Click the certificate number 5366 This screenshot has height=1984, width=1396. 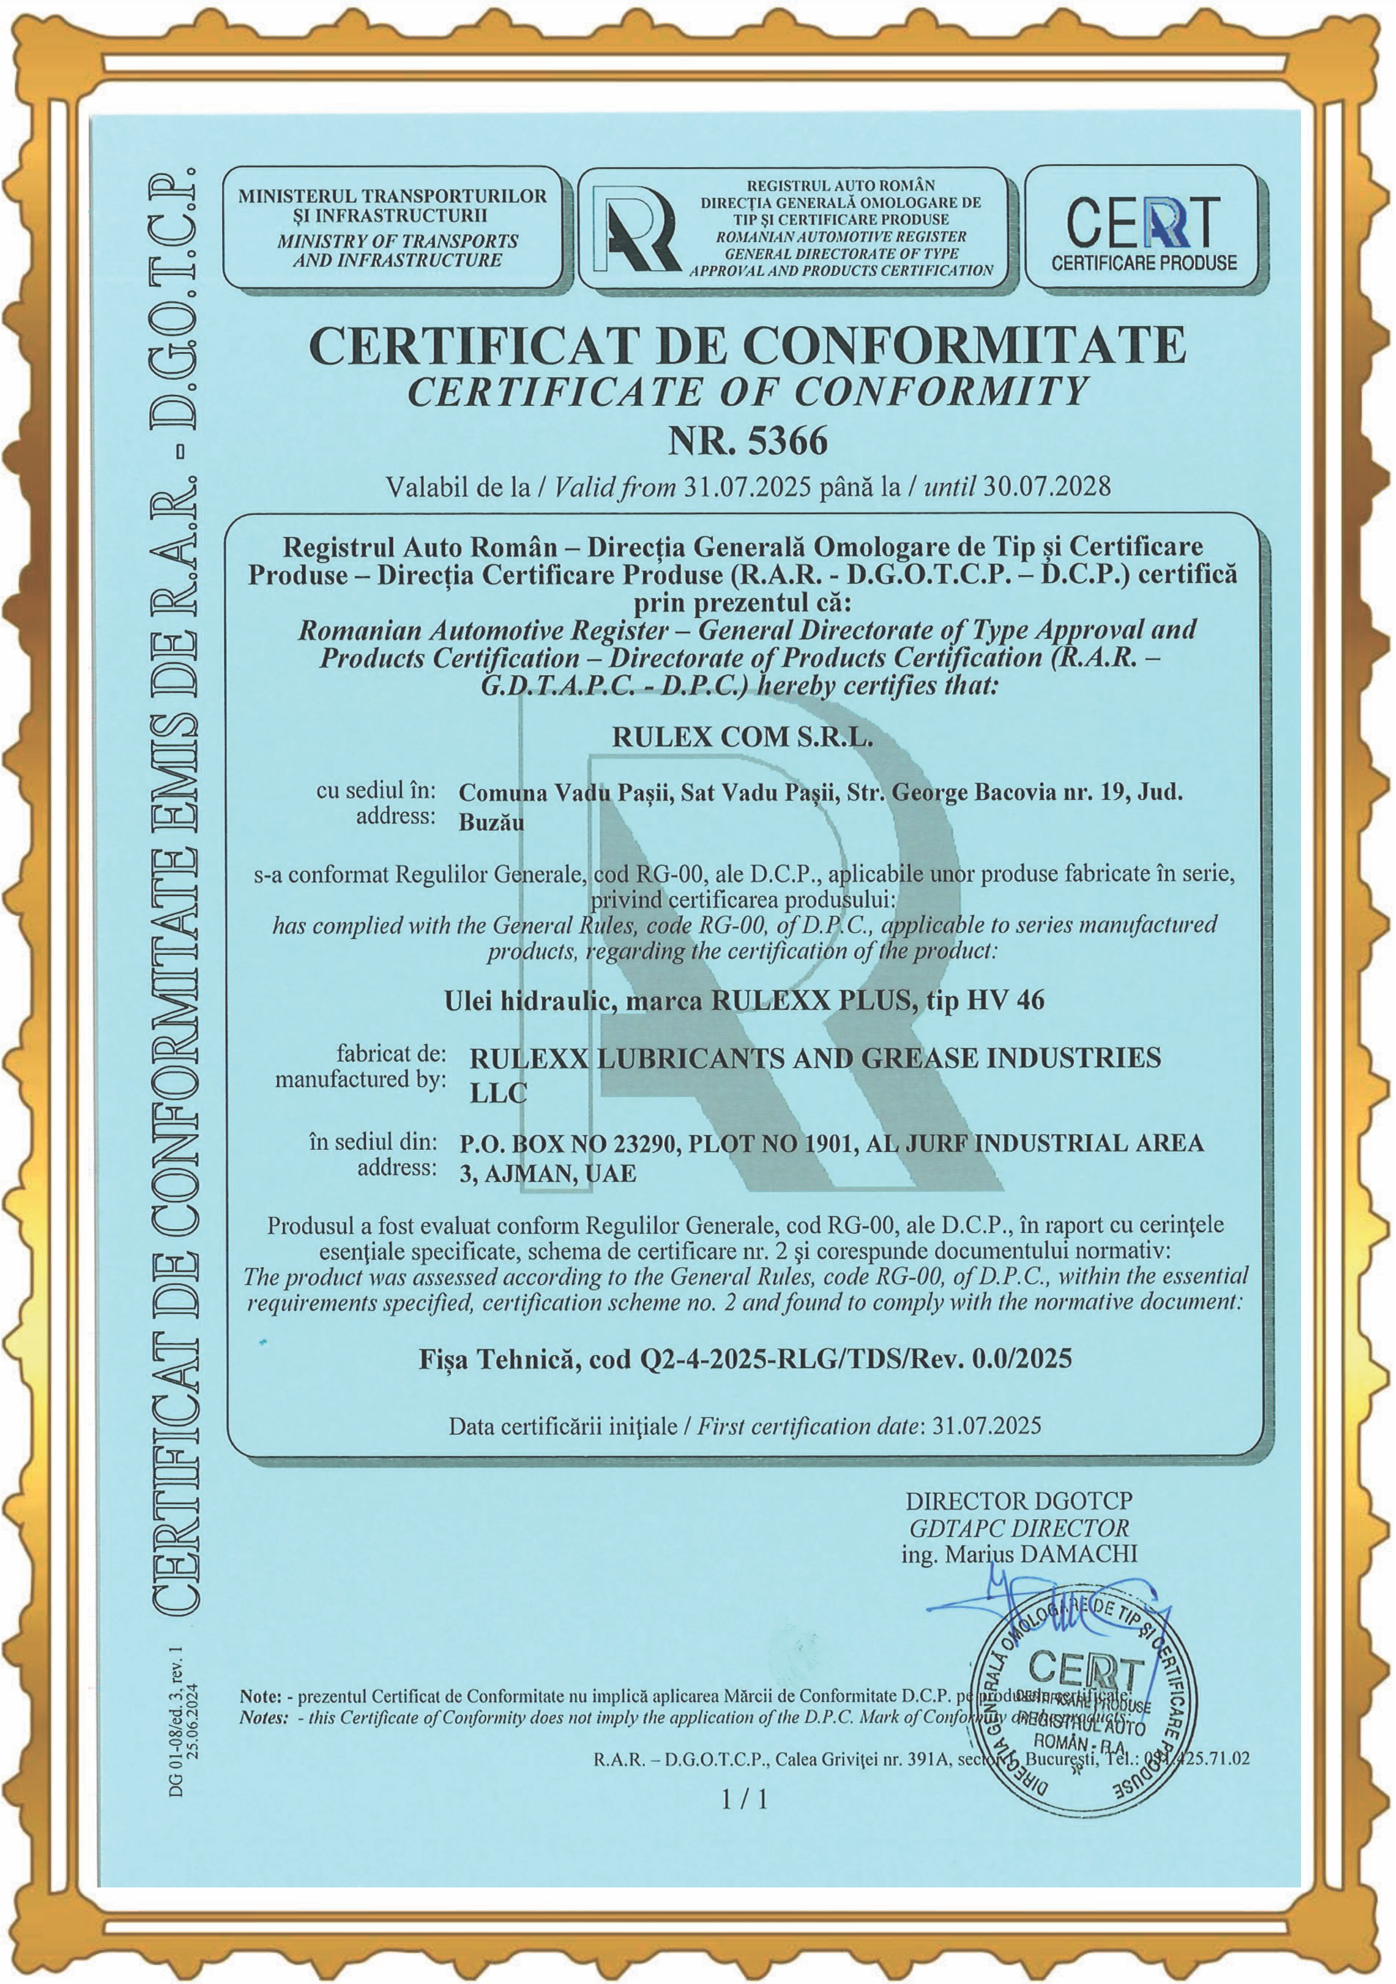tap(786, 442)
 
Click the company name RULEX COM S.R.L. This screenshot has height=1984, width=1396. tap(741, 737)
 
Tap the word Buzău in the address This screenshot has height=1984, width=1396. tap(491, 822)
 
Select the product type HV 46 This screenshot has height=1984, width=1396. tap(1006, 1001)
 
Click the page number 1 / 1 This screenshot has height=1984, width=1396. tap(744, 1800)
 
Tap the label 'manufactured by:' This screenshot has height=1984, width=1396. tap(360, 1079)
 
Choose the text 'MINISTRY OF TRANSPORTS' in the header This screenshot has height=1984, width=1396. tap(398, 242)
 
